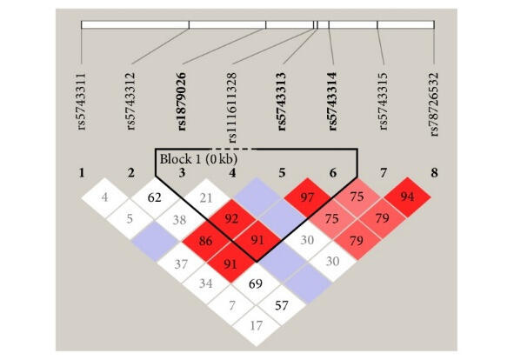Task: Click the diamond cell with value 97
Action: pyautogui.click(x=307, y=197)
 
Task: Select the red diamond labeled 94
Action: pyautogui.click(x=407, y=197)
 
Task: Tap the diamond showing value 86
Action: pyautogui.click(x=205, y=242)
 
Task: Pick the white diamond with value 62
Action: pyautogui.click(x=155, y=197)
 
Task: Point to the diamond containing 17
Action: pyautogui.click(x=256, y=326)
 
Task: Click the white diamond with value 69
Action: pyautogui.click(x=256, y=283)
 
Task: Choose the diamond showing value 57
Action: pyautogui.click(x=282, y=305)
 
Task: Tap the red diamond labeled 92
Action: pyautogui.click(x=231, y=219)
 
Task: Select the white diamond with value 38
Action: pyautogui.click(x=180, y=220)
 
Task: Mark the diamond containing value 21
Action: pyautogui.click(x=206, y=198)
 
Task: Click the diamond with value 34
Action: pyautogui.click(x=205, y=283)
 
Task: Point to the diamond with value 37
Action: pyautogui.click(x=181, y=264)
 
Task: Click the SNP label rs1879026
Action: pyautogui.click(x=182, y=102)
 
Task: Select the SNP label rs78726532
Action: pyautogui.click(x=434, y=104)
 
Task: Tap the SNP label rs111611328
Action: pyautogui.click(x=231, y=108)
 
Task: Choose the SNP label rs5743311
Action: pyautogui.click(x=82, y=102)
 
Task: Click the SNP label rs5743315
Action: pyautogui.click(x=383, y=102)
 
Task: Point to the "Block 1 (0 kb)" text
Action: pyautogui.click(x=198, y=159)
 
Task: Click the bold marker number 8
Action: pyautogui.click(x=434, y=173)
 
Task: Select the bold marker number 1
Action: pyautogui.click(x=82, y=173)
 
